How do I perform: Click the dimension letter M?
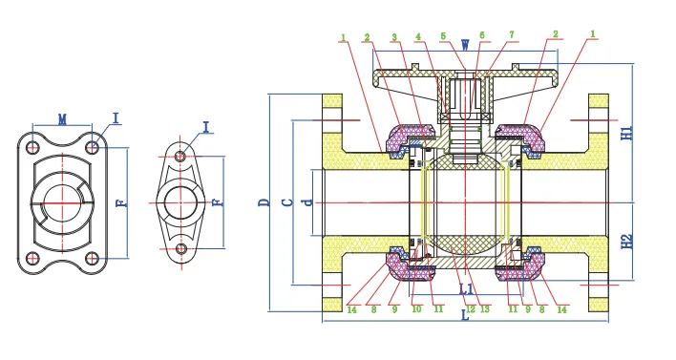[62, 119]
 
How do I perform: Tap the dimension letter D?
[264, 201]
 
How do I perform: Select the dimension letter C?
[286, 201]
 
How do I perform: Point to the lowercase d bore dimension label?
[306, 201]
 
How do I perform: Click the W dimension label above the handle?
[465, 44]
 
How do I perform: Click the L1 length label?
[466, 287]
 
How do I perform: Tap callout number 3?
[393, 37]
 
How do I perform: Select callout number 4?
[418, 37]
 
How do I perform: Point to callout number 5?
[443, 37]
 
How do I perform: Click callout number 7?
[511, 34]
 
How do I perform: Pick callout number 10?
[416, 307]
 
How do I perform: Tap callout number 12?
[470, 307]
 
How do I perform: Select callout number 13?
[486, 307]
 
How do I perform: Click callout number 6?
[482, 35]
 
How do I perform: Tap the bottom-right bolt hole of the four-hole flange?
[92, 259]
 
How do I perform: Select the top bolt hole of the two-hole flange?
[181, 155]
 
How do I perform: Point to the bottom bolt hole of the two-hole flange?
[181, 249]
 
